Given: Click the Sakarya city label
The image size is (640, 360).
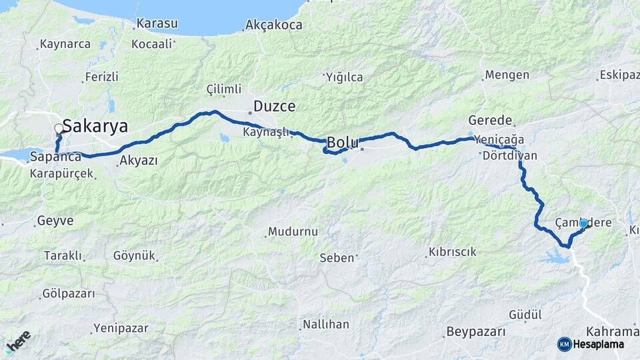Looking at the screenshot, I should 95,127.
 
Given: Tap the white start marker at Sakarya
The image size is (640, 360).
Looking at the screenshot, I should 59,129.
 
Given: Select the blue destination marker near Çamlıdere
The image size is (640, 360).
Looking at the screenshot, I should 584,223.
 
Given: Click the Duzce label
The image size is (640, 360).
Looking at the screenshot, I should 274,106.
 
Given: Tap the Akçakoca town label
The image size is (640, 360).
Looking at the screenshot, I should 273,25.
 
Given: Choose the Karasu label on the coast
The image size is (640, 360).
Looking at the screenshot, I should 157,24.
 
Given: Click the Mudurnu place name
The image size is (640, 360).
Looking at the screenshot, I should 293,232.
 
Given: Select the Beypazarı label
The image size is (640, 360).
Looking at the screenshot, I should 475,331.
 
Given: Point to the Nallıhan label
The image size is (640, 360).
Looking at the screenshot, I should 325,325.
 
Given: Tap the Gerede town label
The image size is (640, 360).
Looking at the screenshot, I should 490,121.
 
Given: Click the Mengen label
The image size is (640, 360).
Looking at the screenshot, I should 507,75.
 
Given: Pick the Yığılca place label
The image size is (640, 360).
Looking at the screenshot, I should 345,77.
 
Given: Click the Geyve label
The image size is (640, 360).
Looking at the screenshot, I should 55,220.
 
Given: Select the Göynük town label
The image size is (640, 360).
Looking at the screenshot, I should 134,255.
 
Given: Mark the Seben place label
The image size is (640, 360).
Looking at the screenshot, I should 337,257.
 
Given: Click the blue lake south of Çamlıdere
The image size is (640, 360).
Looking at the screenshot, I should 554,256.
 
